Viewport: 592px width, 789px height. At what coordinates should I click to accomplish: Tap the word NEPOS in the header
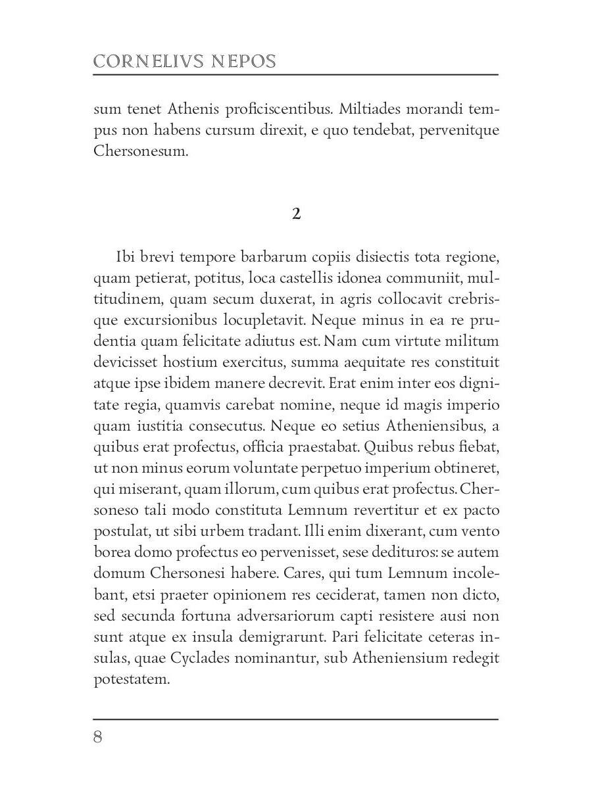(x=243, y=62)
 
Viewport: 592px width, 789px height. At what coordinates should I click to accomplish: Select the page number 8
(x=98, y=737)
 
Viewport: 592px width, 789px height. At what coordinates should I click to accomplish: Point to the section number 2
(x=296, y=214)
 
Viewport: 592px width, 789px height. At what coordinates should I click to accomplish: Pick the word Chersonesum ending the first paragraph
(x=141, y=151)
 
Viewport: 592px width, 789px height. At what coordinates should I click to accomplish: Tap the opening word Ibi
(x=126, y=256)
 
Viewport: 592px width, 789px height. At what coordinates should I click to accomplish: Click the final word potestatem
(x=132, y=679)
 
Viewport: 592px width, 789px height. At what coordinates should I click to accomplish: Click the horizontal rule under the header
(x=296, y=75)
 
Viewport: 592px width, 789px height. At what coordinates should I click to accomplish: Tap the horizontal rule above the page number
(x=296, y=719)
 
